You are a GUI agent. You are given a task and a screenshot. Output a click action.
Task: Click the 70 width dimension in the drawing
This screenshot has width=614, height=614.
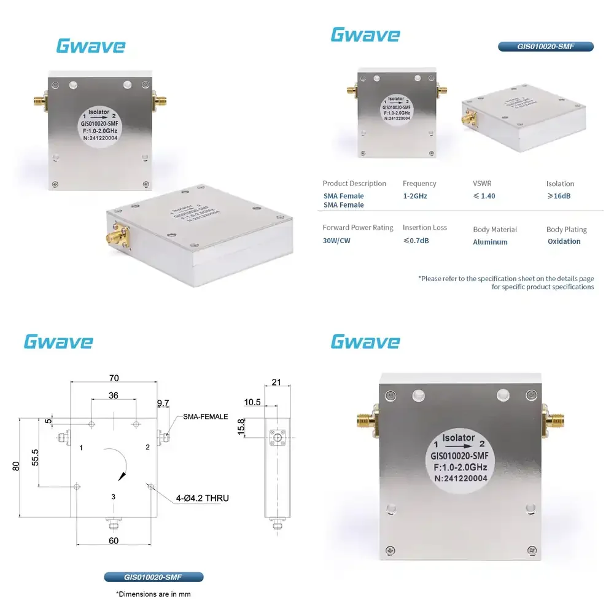[x=114, y=378]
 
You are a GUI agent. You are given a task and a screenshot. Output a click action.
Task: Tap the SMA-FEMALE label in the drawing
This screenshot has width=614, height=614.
[x=205, y=416]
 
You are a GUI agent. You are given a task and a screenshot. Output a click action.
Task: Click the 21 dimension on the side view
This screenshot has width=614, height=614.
[x=276, y=382]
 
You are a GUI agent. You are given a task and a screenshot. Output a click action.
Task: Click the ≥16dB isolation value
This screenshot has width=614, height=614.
[x=558, y=196]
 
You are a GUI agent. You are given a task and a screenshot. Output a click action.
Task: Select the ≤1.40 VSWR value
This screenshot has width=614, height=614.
[x=484, y=196]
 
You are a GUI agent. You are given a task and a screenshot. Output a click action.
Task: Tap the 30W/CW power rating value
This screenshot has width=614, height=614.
[x=336, y=241]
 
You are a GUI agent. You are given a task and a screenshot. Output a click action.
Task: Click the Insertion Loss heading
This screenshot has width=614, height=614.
[x=425, y=227]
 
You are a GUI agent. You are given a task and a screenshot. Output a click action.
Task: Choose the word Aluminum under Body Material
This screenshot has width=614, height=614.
[x=490, y=242]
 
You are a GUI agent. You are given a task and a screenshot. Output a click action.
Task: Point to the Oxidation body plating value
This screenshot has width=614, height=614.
[x=564, y=241]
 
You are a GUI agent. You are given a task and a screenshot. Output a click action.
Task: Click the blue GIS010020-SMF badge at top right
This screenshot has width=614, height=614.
[x=546, y=46]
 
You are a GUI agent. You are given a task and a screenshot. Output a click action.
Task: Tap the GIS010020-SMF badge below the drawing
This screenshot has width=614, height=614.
[x=153, y=577]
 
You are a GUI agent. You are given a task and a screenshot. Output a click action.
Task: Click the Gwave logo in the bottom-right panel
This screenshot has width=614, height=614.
[x=365, y=341]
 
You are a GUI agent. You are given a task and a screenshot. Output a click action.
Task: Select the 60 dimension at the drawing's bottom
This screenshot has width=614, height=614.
[x=114, y=541]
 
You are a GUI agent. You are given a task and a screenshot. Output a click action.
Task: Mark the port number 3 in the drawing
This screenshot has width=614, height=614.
[x=113, y=496]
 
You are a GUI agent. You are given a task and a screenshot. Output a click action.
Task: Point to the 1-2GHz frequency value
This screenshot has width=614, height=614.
[x=415, y=196]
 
